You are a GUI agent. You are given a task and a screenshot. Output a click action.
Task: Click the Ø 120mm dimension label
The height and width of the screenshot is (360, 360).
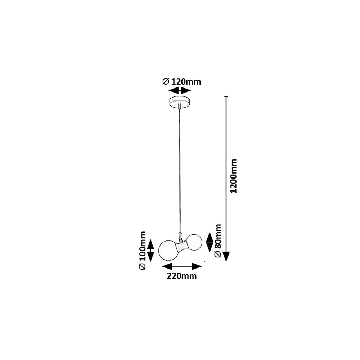pyautogui.click(x=181, y=81)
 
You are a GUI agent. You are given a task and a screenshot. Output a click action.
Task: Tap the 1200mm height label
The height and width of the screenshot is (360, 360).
pyautogui.click(x=234, y=176)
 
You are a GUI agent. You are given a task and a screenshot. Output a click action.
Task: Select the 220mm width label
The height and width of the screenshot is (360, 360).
pyautogui.click(x=181, y=276)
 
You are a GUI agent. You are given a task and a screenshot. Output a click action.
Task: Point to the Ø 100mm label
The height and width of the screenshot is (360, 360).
pyautogui.click(x=142, y=251)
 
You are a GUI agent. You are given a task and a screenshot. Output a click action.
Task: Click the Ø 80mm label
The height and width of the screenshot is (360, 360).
pyautogui.click(x=217, y=240)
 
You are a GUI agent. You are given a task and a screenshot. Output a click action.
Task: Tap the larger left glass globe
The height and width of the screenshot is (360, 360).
pyautogui.click(x=168, y=250)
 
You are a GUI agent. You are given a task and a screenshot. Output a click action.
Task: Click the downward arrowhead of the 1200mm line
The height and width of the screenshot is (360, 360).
pyautogui.click(x=226, y=257)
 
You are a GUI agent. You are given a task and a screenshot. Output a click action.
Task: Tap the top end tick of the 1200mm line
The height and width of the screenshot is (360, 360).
pyautogui.click(x=226, y=96)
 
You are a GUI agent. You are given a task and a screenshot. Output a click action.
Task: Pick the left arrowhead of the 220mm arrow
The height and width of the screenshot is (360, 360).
pyautogui.click(x=167, y=266)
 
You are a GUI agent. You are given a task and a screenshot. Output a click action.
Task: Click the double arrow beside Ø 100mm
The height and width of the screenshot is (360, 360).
pyautogui.click(x=150, y=251)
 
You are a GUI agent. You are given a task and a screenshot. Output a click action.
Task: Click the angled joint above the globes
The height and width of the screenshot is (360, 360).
pyautogui.click(x=180, y=236)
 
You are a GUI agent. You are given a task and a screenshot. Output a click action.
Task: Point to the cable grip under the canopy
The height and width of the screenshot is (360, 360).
pyautogui.click(x=180, y=106)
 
